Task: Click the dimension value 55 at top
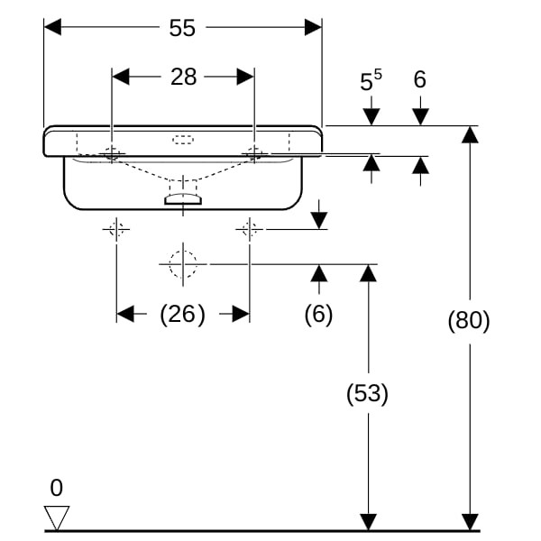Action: pyautogui.click(x=182, y=28)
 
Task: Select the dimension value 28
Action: pyautogui.click(x=183, y=77)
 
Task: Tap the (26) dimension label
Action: pyautogui.click(x=182, y=314)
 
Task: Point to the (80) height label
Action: pyautogui.click(x=469, y=320)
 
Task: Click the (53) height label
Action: pyautogui.click(x=368, y=393)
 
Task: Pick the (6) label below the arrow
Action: pyautogui.click(x=318, y=314)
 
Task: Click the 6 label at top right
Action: pyautogui.click(x=419, y=80)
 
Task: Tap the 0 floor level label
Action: pyautogui.click(x=56, y=489)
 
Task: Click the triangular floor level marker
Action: pyautogui.click(x=57, y=517)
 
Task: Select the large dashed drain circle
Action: pyautogui.click(x=183, y=263)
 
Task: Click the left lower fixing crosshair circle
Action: pyautogui.click(x=116, y=229)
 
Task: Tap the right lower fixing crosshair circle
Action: pyautogui.click(x=250, y=229)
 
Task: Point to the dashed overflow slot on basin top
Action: pyautogui.click(x=183, y=140)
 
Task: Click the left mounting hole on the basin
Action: pyautogui.click(x=113, y=153)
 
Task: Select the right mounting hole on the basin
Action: pyautogui.click(x=253, y=153)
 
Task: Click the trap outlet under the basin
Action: pyautogui.click(x=183, y=197)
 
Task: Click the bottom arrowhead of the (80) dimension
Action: pyautogui.click(x=469, y=522)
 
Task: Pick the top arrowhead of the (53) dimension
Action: pyautogui.click(x=368, y=272)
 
